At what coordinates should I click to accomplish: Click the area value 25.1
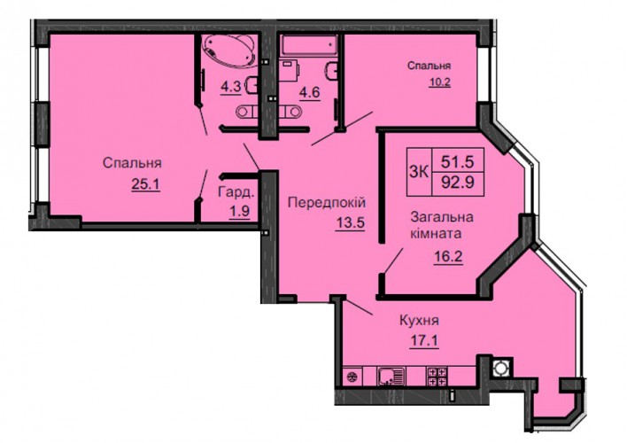click(x=145, y=184)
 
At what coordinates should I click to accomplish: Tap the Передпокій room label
click(x=327, y=203)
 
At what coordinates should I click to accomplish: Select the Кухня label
click(x=420, y=320)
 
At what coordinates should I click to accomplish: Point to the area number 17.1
click(x=424, y=341)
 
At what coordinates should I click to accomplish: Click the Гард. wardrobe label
click(x=236, y=192)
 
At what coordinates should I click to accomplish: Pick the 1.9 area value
click(x=239, y=211)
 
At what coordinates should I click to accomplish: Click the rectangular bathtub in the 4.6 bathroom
click(x=309, y=45)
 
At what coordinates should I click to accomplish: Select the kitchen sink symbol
click(x=391, y=377)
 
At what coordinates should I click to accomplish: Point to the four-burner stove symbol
click(x=437, y=377)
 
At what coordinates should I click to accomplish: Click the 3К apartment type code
click(x=419, y=173)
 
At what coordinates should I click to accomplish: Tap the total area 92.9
click(x=458, y=183)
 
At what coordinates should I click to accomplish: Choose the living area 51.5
click(x=458, y=162)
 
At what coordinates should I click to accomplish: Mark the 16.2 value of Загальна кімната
click(x=448, y=255)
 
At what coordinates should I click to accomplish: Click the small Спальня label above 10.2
click(x=429, y=66)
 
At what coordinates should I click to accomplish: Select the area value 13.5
click(x=351, y=222)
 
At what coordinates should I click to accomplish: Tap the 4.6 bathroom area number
click(x=310, y=92)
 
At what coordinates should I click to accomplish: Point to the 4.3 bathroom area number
click(x=231, y=87)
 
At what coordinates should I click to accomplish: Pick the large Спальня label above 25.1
click(x=132, y=163)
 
